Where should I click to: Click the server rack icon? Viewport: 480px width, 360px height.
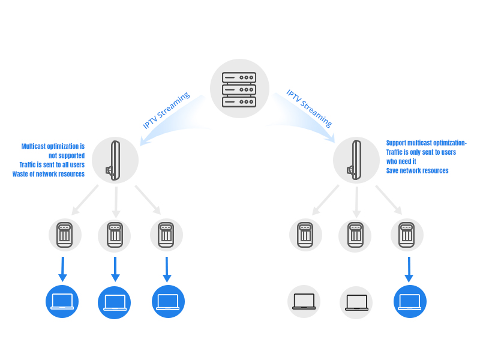tap(239, 89)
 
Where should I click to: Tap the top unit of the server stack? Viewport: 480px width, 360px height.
tap(239, 77)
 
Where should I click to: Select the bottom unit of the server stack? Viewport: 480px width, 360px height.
tap(239, 101)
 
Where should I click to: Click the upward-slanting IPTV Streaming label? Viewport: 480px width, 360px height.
tap(166, 110)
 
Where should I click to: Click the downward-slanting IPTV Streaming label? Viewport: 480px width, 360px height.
tap(309, 109)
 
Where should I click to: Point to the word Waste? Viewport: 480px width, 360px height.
tap(20, 174)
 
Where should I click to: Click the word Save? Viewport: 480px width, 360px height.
tap(392, 170)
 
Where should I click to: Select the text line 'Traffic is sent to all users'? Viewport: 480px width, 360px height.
tap(52, 164)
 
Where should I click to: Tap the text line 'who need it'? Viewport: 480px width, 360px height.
tap(401, 161)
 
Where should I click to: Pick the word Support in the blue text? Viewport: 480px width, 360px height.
tap(396, 143)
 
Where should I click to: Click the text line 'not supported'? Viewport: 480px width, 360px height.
tap(67, 155)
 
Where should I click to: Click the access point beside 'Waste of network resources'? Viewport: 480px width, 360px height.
tap(115, 160)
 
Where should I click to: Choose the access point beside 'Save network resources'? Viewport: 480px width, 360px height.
tap(356, 160)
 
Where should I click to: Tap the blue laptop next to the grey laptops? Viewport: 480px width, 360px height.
tap(410, 302)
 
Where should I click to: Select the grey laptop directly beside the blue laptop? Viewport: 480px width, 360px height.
tap(356, 302)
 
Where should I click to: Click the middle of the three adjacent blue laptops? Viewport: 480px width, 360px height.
tap(114, 302)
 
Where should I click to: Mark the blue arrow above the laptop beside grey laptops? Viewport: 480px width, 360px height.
tap(409, 269)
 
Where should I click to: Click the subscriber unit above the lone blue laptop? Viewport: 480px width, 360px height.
tap(407, 235)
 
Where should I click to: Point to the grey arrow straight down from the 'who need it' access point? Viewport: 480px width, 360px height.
tap(356, 202)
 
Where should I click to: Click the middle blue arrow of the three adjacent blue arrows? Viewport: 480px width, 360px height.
tap(115, 269)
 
